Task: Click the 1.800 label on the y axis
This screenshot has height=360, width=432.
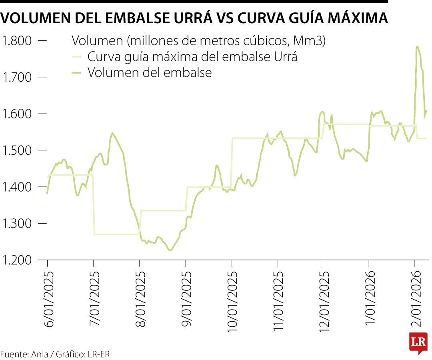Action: coord(17,40)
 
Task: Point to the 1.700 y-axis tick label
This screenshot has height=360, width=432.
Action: coord(17,77)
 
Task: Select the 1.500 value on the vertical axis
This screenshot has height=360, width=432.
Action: coord(17,150)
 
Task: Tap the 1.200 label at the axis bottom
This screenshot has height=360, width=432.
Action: coord(17,260)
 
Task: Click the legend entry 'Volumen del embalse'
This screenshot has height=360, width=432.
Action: coord(149,72)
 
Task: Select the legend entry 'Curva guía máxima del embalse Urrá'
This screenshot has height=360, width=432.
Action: coord(192,56)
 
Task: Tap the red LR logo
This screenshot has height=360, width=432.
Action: coord(418,342)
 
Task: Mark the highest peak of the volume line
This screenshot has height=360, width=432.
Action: coord(418,46)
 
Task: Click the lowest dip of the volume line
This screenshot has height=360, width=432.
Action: coord(170,250)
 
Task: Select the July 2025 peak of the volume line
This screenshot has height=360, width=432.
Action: coord(112,133)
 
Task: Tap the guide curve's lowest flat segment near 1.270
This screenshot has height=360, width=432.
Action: coord(116,234)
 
